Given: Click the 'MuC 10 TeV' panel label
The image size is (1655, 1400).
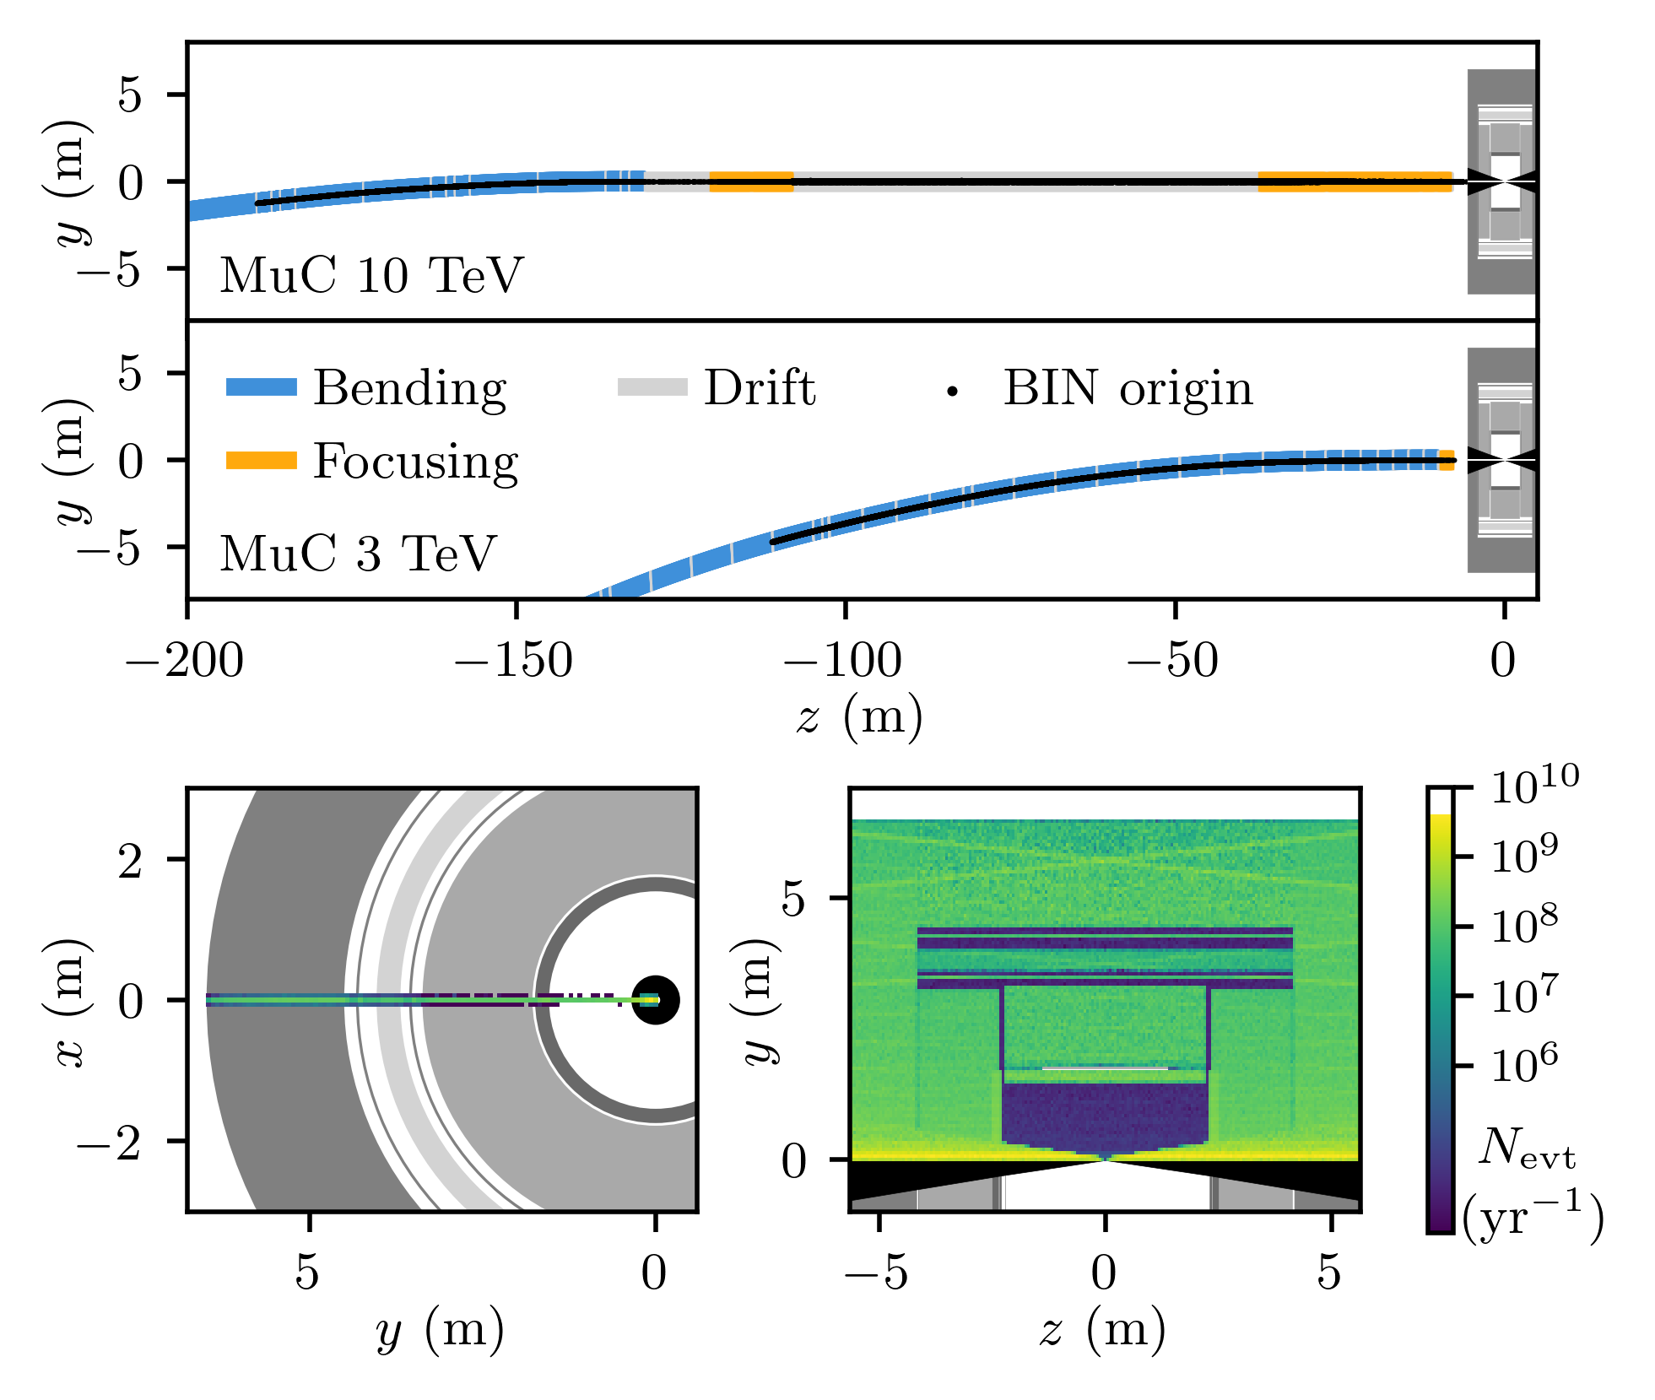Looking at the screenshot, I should click(x=371, y=275).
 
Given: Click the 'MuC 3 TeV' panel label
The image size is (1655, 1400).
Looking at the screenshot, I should click(x=358, y=554).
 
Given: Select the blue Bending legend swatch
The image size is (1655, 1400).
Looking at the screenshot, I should click(x=262, y=387).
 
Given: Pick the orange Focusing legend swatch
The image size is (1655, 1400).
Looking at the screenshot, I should click(x=262, y=461).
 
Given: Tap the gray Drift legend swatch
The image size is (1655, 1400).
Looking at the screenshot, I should click(x=652, y=387).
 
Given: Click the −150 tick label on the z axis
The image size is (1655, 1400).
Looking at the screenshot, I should click(x=514, y=661).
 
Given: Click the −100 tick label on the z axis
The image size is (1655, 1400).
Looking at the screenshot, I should click(x=843, y=661).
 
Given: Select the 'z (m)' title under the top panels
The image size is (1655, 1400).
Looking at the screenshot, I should click(x=859, y=718).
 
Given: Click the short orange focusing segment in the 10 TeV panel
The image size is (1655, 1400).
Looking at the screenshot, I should click(x=751, y=181).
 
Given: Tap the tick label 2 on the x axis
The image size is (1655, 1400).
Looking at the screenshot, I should click(x=130, y=862).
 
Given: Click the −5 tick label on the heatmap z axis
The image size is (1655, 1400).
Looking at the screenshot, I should click(x=878, y=1273).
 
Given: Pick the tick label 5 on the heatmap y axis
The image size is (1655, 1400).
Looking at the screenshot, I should click(x=794, y=899).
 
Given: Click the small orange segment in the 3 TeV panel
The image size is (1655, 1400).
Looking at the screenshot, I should click(x=1447, y=460).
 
